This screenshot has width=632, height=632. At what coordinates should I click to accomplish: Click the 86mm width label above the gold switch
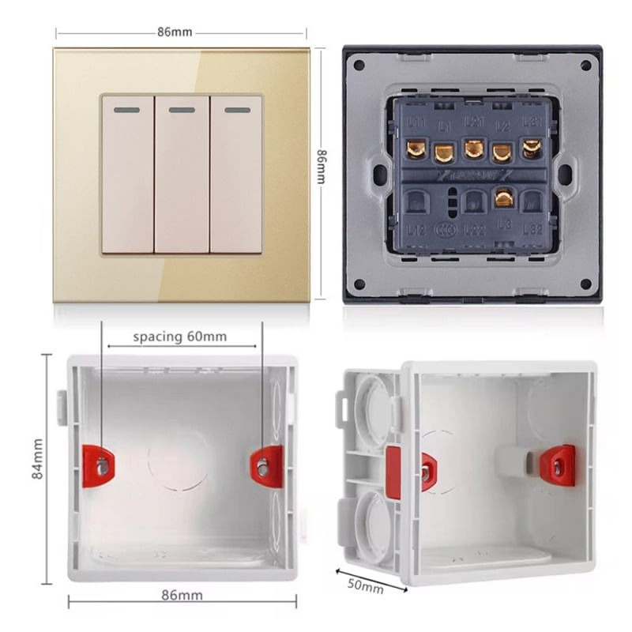pos(175,32)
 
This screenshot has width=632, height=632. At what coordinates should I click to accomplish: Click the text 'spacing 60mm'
pos(179,337)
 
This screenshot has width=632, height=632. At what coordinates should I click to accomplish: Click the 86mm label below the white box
pos(182,594)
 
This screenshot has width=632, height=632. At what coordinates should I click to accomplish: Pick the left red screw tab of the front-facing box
pos(100,466)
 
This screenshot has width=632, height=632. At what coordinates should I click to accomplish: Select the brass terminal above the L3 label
pos(503,197)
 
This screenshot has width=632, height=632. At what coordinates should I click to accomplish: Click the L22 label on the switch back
pos(474,230)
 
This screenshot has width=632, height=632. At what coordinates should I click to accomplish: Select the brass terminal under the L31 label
pos(532,148)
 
